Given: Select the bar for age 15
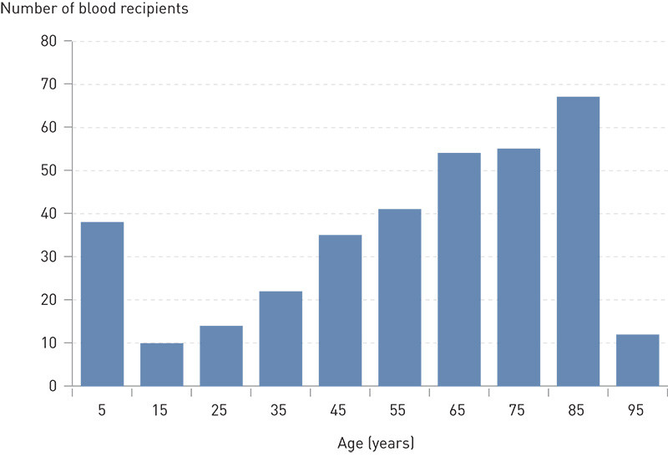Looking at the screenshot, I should (x=162, y=364).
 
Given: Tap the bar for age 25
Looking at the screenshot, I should (x=221, y=356).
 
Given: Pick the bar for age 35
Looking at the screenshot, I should (x=281, y=338).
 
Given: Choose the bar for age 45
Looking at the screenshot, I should (x=340, y=311).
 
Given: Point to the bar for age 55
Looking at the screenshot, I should (x=399, y=297).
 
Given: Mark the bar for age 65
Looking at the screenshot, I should (x=459, y=270).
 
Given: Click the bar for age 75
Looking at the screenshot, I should (x=519, y=267).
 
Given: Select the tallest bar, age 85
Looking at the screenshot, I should (x=578, y=241).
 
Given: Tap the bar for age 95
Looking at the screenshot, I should (x=637, y=360).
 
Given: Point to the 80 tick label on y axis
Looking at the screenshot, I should (x=51, y=41).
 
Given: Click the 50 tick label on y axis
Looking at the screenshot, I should (x=51, y=170).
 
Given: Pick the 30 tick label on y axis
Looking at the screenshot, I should (x=51, y=256).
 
